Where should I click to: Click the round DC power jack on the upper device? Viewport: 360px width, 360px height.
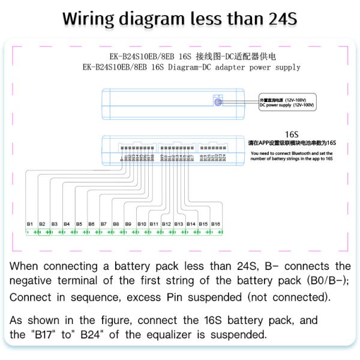pos(218,102)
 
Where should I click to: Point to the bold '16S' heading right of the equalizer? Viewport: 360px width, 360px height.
pos(292,136)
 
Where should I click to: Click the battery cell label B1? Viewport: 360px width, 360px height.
pos(29,224)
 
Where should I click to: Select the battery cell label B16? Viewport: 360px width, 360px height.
pos(215,224)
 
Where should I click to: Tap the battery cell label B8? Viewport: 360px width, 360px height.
pos(116,224)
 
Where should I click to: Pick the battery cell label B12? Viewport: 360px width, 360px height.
pos(166,224)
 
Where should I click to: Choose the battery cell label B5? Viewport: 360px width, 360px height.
pos(79,224)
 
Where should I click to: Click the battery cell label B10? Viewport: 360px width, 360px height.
pos(142,224)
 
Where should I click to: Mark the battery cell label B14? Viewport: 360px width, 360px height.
pos(191,224)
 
